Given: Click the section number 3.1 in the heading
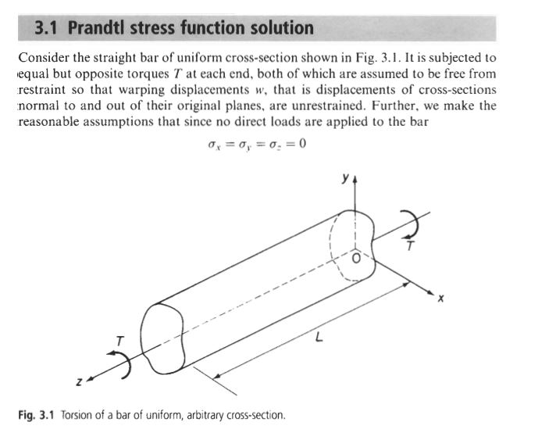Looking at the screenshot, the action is (x=45, y=28).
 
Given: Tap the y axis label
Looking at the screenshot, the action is (x=346, y=179).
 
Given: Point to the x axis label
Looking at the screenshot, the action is (x=440, y=299).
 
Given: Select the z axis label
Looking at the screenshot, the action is (x=80, y=382).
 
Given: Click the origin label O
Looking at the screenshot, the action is (x=356, y=259).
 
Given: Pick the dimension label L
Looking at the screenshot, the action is (x=319, y=337).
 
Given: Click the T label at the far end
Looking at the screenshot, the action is (x=410, y=245).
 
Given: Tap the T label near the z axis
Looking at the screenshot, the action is (x=120, y=341).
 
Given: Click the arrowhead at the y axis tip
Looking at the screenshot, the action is (x=355, y=180).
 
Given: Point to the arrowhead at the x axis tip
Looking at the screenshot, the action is (x=431, y=292).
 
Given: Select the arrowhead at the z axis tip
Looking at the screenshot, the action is (x=90, y=379).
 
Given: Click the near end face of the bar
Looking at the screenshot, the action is (x=162, y=338).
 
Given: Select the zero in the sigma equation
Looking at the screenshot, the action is (x=302, y=143).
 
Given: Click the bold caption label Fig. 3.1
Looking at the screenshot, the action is (x=37, y=415).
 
